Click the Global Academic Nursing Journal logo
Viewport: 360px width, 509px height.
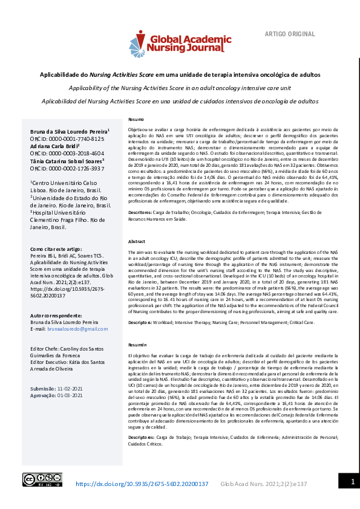click(180, 43)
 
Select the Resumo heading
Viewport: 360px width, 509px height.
click(136, 119)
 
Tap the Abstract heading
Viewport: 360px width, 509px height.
click(137, 241)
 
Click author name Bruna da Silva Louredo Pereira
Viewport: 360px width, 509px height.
click(70, 131)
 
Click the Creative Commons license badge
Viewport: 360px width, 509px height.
click(42, 479)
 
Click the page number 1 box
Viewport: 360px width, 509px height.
click(351, 482)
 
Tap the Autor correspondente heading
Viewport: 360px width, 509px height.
click(56, 316)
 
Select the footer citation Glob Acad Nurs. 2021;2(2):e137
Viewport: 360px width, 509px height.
click(264, 484)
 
